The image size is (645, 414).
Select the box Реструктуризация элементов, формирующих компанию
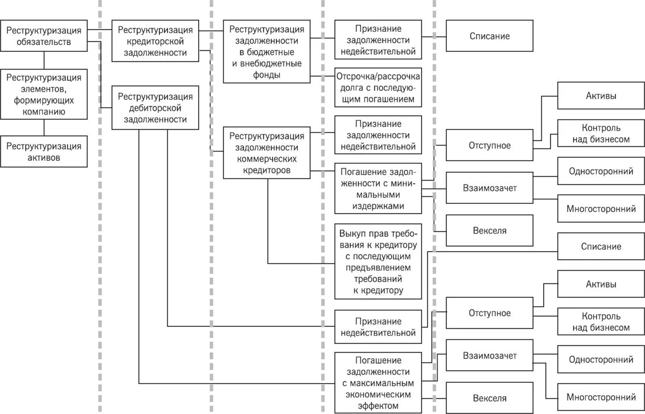[44, 95]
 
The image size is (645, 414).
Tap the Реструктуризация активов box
[44, 151]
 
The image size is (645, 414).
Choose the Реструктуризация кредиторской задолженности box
[155, 41]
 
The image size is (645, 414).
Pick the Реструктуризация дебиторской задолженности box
[155, 108]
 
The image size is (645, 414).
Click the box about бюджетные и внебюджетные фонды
[266, 52]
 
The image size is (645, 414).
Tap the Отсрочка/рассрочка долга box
[378, 88]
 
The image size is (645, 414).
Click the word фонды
[267, 74]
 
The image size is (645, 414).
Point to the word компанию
[44, 112]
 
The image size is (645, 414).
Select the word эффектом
[378, 405]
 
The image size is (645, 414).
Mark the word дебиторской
[155, 108]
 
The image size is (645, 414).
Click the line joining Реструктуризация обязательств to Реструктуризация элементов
[44, 60]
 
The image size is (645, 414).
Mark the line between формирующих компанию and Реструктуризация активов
[44, 128]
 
